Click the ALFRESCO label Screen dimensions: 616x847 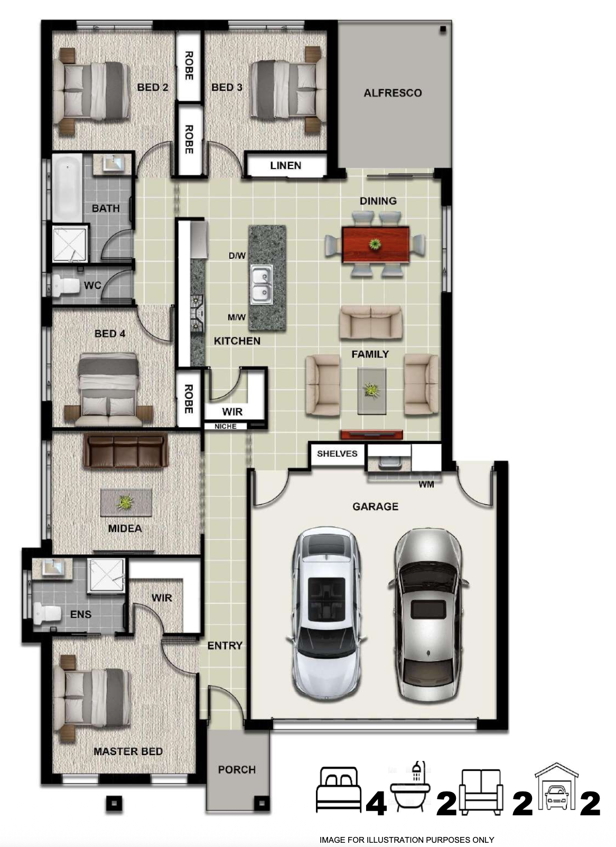393,93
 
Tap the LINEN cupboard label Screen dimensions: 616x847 286,165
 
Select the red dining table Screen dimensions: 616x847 375,244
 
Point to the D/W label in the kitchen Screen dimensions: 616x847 237,256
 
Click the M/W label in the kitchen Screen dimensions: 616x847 237,317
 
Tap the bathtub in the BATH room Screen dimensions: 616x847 67,188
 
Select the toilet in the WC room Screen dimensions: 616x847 65,286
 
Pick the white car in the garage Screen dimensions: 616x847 326,613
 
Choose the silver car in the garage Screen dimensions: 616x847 428,615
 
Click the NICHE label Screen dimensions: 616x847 226,426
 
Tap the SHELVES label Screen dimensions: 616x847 337,454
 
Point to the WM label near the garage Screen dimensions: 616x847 426,484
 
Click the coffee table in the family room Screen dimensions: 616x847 372,391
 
